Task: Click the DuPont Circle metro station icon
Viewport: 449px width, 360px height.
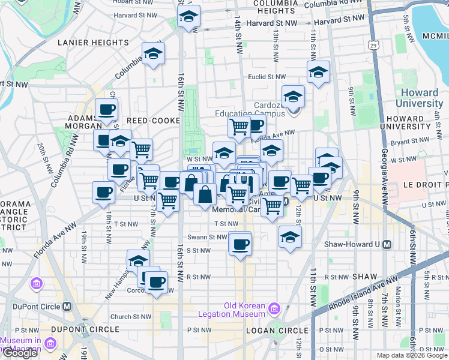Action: (x=67, y=306)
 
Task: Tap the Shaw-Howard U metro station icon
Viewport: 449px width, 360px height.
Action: (x=387, y=244)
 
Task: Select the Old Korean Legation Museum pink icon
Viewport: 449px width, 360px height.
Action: (x=274, y=310)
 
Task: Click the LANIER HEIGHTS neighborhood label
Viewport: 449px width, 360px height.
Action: (x=93, y=43)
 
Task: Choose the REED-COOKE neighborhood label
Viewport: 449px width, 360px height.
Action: (x=153, y=121)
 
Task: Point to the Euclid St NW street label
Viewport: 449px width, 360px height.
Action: (x=267, y=77)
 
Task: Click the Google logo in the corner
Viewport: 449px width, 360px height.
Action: (x=20, y=353)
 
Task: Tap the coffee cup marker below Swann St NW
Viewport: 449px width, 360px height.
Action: (x=241, y=244)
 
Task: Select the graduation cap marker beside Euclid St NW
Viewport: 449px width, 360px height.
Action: (x=318, y=73)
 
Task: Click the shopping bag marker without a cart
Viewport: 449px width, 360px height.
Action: (x=205, y=194)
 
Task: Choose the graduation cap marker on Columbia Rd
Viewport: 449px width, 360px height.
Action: (x=154, y=54)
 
